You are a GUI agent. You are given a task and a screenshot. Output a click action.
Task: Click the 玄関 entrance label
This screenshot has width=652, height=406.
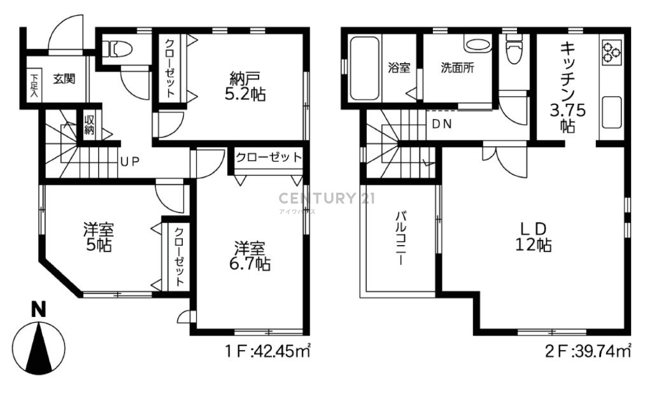[64, 78]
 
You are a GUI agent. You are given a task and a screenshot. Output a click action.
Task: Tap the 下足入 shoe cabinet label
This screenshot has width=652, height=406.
[34, 85]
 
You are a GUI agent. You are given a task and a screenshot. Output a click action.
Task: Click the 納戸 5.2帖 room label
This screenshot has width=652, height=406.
[245, 87]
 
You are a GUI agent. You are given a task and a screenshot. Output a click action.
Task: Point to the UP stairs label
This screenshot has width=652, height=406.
[130, 161]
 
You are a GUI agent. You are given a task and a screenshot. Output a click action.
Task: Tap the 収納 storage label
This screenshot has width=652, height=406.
[89, 125]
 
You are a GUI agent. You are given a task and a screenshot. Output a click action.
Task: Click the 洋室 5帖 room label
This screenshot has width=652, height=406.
[99, 237]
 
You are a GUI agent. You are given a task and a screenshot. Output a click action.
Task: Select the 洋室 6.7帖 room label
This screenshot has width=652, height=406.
[250, 256]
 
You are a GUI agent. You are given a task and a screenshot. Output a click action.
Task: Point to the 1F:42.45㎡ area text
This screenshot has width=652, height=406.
[268, 352]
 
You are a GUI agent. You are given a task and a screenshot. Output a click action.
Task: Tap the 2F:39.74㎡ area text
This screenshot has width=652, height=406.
[588, 352]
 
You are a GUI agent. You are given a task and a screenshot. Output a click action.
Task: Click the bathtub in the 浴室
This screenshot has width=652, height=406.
[364, 68]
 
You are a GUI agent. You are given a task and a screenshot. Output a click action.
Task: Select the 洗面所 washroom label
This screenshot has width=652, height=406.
[457, 67]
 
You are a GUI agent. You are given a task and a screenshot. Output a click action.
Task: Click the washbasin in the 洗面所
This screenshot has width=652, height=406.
[478, 45]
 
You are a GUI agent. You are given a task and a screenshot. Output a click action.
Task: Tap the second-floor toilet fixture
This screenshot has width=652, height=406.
[514, 49]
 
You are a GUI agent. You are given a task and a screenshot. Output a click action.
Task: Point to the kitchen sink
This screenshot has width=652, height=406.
[611, 112]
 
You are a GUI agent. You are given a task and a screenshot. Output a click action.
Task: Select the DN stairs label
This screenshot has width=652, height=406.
[442, 124]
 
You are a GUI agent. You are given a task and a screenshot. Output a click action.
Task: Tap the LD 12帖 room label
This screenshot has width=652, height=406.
[534, 237]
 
